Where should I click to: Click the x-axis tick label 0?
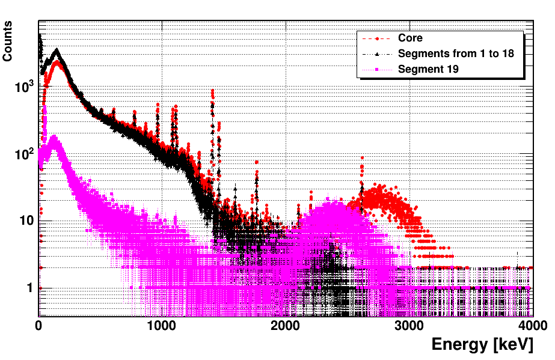click(x=38, y=326)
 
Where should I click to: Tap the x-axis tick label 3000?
click(x=408, y=326)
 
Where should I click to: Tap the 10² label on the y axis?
click(x=23, y=154)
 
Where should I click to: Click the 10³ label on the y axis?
click(x=23, y=87)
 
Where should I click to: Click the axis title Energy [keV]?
click(x=482, y=345)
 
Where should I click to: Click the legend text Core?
click(x=410, y=38)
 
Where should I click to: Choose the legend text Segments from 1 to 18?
click(x=456, y=53)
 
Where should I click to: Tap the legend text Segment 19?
click(x=428, y=69)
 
